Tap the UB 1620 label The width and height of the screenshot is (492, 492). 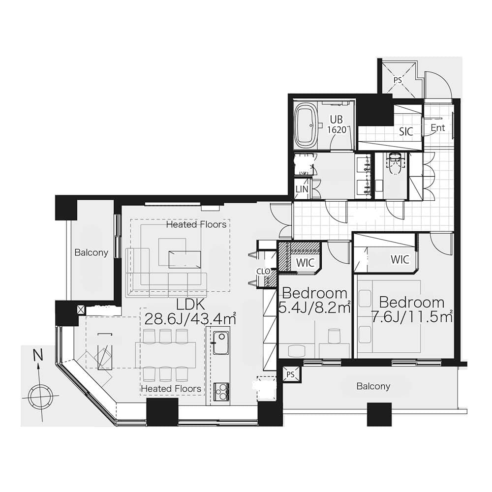tap(337, 124)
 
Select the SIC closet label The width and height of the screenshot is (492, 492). tap(406, 131)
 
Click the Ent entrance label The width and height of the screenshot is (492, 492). tap(438, 128)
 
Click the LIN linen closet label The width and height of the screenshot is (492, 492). tap(302, 189)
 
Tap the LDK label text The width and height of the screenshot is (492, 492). tap(190, 305)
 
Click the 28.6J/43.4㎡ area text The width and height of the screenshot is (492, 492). tap(190, 319)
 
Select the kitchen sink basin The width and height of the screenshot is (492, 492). tap(220, 342)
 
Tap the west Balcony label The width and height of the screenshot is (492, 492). tap(92, 252)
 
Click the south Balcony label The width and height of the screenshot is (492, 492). tap(373, 386)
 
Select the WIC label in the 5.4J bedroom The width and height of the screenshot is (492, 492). tap(305, 263)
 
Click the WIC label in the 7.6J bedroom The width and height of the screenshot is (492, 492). tap(400, 259)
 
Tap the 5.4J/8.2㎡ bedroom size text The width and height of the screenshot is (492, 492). tap(314, 308)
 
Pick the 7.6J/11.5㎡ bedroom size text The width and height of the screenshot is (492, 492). tap(412, 317)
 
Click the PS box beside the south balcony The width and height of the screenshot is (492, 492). tap(291, 374)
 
